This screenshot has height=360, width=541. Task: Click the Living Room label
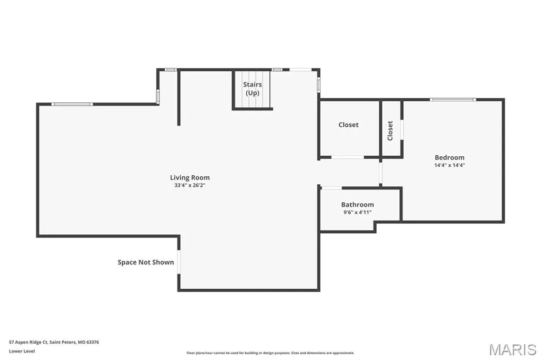click(x=190, y=177)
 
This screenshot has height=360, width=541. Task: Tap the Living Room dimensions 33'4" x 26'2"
click(x=190, y=185)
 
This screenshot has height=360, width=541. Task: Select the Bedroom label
click(x=450, y=158)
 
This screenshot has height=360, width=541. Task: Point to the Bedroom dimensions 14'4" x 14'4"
click(x=450, y=165)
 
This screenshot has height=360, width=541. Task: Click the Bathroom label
click(x=358, y=204)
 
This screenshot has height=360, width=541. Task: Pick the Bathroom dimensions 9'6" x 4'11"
click(x=358, y=212)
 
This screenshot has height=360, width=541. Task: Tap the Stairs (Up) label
click(x=253, y=89)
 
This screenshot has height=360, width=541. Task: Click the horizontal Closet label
click(x=349, y=125)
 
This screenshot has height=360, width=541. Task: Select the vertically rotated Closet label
click(x=390, y=131)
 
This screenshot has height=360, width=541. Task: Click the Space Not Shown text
click(x=146, y=262)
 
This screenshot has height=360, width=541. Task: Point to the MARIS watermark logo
click(x=512, y=349)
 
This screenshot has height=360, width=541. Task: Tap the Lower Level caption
click(x=22, y=351)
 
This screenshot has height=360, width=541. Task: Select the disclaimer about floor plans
click(x=270, y=353)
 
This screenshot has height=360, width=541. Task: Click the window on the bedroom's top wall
click(x=453, y=100)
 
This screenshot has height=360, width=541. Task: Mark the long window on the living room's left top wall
click(x=72, y=104)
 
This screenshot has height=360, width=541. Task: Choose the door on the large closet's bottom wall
click(x=348, y=157)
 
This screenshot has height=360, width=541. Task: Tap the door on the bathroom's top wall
click(x=331, y=188)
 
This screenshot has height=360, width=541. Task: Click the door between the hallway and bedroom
click(x=381, y=173)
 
